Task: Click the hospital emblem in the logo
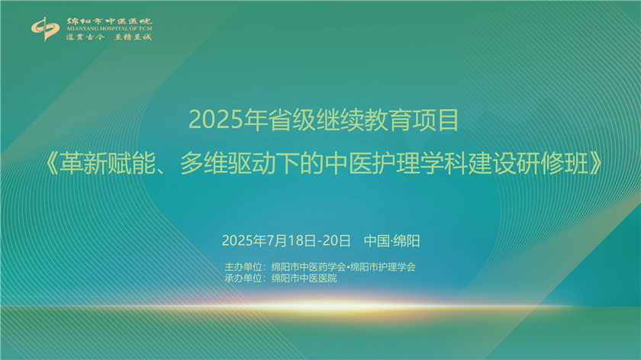click(45, 29)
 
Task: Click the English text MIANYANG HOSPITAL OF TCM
click(109, 29)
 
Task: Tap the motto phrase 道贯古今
click(85, 37)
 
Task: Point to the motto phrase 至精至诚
click(133, 37)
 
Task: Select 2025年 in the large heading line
click(227, 121)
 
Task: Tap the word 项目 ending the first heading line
click(435, 121)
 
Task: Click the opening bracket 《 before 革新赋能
click(51, 163)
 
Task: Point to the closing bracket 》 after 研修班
click(596, 163)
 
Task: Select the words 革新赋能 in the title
click(108, 163)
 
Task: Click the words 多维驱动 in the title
click(227, 163)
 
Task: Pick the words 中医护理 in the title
click(372, 163)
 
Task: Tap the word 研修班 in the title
click(552, 163)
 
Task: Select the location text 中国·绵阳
click(391, 241)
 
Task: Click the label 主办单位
click(243, 267)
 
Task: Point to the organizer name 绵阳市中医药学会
click(308, 267)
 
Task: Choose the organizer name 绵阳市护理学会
click(382, 267)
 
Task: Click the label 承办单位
click(243, 278)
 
